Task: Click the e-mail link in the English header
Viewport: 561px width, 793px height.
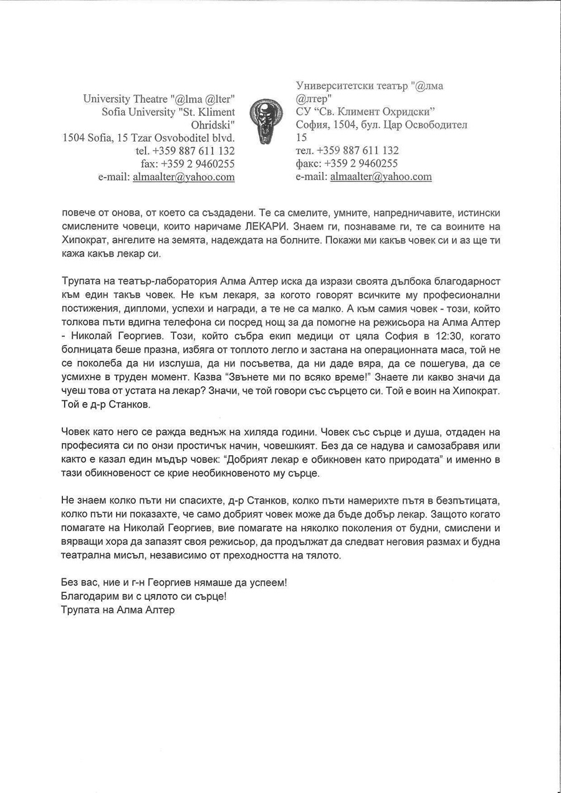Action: click(x=184, y=177)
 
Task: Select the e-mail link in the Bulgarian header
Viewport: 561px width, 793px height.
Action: click(x=381, y=176)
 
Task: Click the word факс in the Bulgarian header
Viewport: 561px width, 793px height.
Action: click(x=307, y=163)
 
